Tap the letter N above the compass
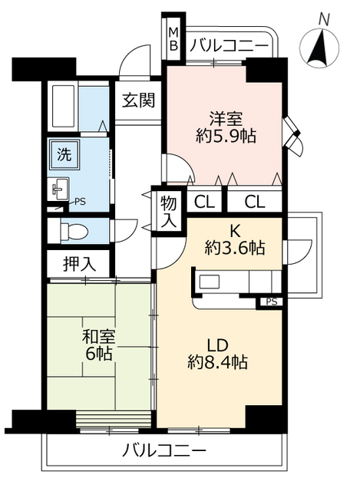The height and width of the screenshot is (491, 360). (325, 18)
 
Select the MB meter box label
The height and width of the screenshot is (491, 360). (173, 39)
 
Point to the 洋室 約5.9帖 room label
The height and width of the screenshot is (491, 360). (226, 127)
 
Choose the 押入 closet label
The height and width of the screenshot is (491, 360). (79, 263)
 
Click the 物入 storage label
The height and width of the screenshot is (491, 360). (168, 210)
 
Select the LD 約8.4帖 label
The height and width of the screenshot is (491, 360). (220, 352)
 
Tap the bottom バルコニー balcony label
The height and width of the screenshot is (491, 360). (163, 450)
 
